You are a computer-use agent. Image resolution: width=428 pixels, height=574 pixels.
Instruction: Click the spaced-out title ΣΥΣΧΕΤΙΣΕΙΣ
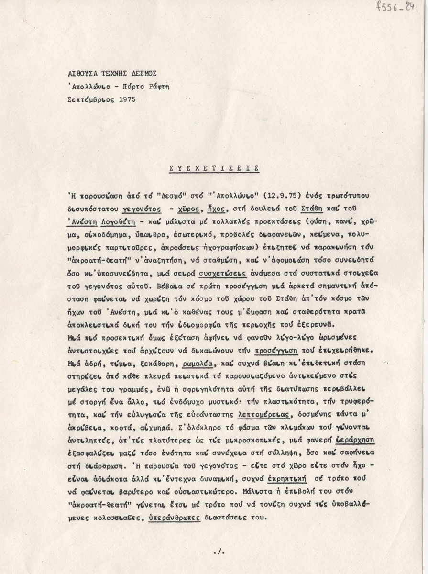[214, 168]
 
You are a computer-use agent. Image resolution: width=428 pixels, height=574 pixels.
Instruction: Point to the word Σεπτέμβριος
[89, 99]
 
